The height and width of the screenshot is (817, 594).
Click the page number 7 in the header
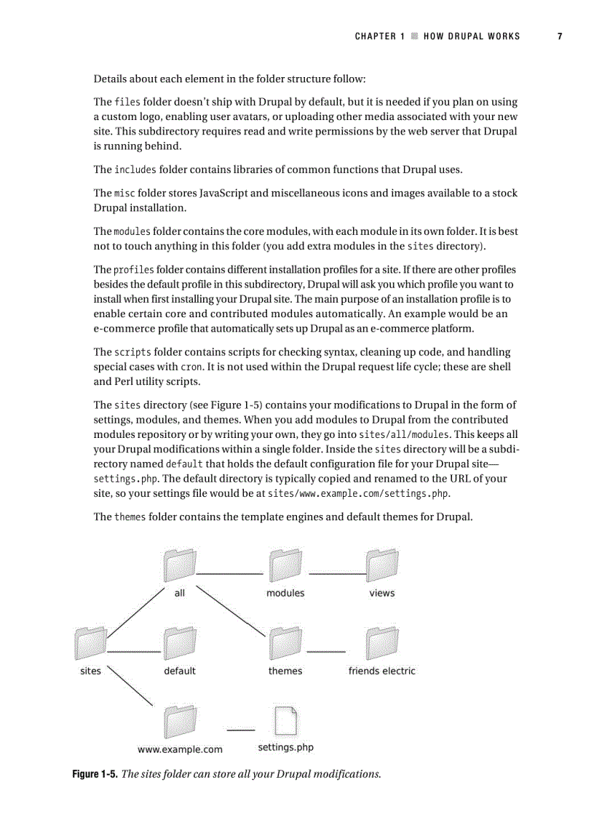pos(560,36)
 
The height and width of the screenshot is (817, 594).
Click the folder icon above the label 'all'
pos(180,565)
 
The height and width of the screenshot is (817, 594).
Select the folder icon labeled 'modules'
pos(285,565)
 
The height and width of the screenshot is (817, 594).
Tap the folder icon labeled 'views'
pos(381,565)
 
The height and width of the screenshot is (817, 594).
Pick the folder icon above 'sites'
pos(90,643)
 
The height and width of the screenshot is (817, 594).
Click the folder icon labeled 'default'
pos(180,643)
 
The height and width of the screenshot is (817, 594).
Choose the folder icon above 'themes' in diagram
pos(285,643)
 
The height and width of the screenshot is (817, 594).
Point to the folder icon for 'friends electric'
pos(381,643)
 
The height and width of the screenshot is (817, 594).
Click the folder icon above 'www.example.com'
pos(180,720)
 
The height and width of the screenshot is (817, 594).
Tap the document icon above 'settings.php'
pos(285,720)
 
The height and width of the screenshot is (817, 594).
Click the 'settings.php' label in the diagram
pos(285,747)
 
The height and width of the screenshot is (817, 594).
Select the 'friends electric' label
pos(381,671)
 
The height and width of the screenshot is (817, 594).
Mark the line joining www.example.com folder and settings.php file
pos(241,730)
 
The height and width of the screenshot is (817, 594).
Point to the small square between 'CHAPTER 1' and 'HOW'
pos(414,36)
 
